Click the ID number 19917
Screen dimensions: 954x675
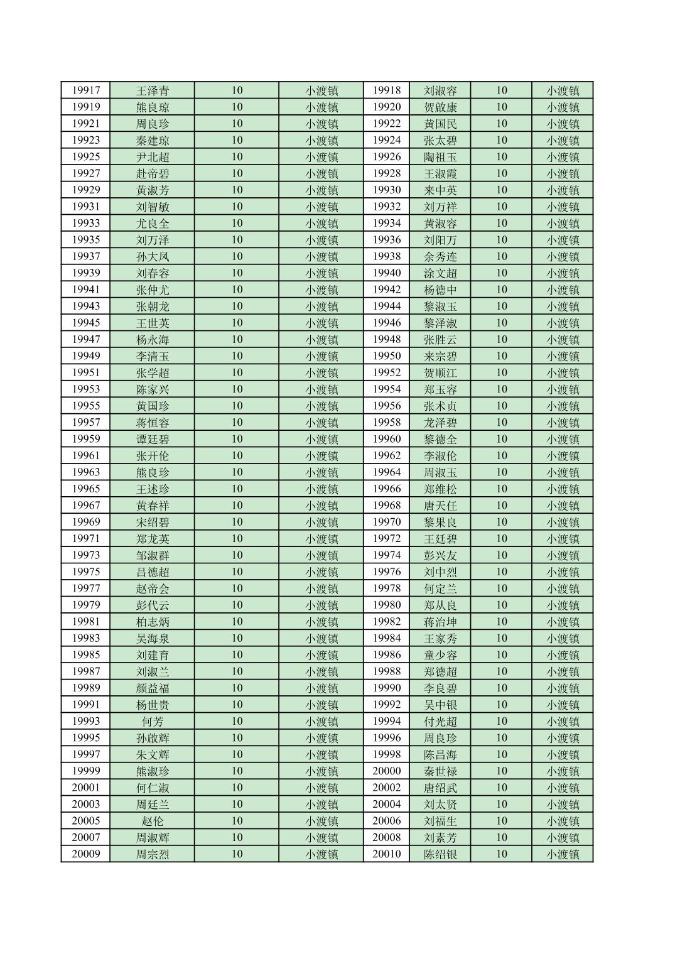click(85, 90)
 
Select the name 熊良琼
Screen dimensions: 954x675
click(153, 107)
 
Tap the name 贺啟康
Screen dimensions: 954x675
click(440, 107)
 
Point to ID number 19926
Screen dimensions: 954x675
click(386, 157)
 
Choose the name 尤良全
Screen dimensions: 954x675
click(153, 224)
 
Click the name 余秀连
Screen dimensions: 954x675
click(440, 257)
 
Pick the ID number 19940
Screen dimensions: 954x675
click(386, 273)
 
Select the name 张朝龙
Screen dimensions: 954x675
click(153, 306)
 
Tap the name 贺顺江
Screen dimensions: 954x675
click(440, 373)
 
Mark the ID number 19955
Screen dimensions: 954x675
click(85, 406)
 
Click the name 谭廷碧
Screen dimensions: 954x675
click(153, 440)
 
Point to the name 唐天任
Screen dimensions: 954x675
click(440, 506)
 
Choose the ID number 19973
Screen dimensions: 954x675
click(85, 555)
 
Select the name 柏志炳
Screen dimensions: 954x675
click(153, 622)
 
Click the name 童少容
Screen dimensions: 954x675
click(440, 655)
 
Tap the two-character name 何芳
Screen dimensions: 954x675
click(153, 722)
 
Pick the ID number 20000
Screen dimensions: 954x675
click(386, 771)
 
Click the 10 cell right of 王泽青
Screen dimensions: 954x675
click(237, 90)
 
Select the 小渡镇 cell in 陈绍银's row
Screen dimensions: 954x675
click(563, 854)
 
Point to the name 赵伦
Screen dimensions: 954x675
click(153, 821)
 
